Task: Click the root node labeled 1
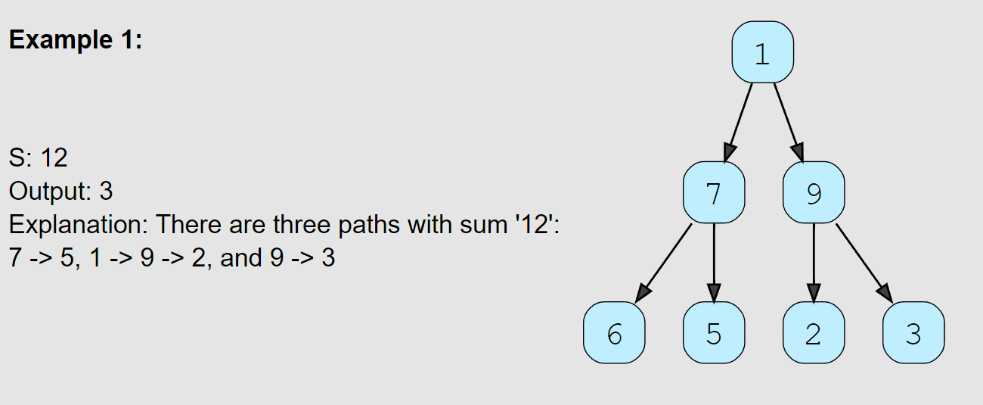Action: point(762,52)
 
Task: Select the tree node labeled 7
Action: point(713,193)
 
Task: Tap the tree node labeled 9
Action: point(813,193)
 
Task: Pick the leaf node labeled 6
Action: point(614,333)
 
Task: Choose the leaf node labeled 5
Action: point(713,333)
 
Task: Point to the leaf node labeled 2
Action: point(813,333)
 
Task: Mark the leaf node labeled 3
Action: point(913,333)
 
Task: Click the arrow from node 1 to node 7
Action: point(740,122)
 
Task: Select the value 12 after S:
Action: point(54,157)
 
